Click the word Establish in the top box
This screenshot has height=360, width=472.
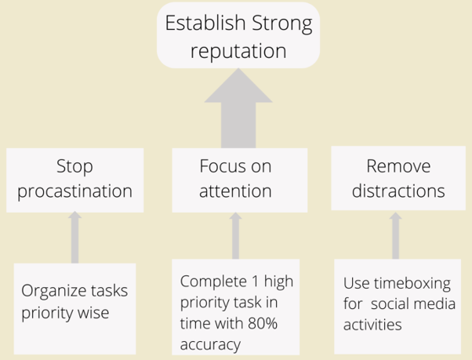(205, 23)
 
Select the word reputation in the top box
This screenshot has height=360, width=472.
(238, 51)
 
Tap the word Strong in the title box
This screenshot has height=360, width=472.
(282, 24)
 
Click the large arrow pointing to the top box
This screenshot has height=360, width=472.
(238, 108)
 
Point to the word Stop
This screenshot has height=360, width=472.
(74, 166)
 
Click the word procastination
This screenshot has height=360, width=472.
(74, 191)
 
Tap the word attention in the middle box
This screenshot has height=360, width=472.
(235, 191)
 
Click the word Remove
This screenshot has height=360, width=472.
(398, 166)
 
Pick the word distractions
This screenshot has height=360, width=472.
(398, 191)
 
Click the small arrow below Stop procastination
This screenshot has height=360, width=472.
(74, 237)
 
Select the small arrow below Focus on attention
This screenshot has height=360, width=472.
(235, 235)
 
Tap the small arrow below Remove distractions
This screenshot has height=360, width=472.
(395, 235)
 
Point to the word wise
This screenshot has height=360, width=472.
(93, 313)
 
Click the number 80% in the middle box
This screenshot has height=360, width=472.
(263, 324)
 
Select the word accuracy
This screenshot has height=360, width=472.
(210, 344)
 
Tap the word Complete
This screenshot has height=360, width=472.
(213, 282)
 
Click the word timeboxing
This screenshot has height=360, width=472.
(412, 284)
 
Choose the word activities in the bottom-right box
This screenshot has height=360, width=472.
(372, 325)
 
